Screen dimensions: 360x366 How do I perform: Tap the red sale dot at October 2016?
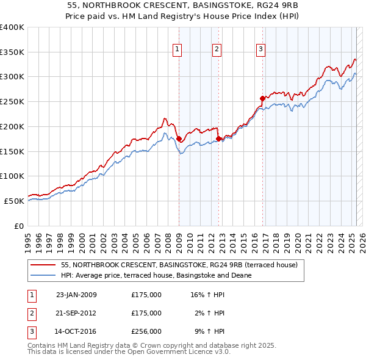coord(262,98)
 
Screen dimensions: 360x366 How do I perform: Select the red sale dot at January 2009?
coord(179,139)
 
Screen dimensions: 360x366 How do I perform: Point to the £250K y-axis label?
coord(12,102)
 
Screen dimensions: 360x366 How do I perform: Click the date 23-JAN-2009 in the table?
coord(76,295)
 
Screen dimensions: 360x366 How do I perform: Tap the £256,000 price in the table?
coord(146,332)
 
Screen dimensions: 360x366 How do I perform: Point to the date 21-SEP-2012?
coord(76,313)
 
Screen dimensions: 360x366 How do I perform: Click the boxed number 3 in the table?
coord(31,332)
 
